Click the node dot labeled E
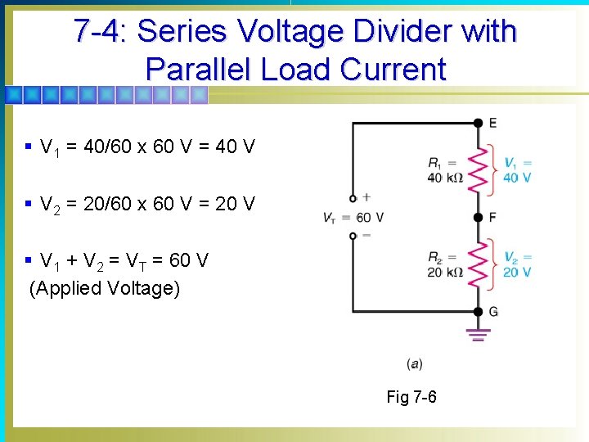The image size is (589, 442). (x=479, y=123)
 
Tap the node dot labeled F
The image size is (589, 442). (x=479, y=218)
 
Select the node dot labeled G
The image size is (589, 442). (x=479, y=311)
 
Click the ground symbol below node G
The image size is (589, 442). (x=479, y=334)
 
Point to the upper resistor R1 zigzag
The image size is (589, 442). (x=479, y=170)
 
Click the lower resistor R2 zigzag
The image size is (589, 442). (x=479, y=264)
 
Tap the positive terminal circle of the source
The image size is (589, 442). (x=353, y=198)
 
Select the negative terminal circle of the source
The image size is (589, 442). (x=353, y=236)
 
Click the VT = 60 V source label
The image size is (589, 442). (x=354, y=218)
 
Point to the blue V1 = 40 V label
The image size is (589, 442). (x=517, y=170)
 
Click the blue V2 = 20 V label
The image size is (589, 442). (x=517, y=264)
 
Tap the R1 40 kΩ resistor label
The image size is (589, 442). (x=445, y=170)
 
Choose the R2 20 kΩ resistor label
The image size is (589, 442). (x=445, y=264)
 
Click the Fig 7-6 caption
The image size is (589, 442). (x=411, y=398)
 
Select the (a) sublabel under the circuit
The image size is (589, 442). (x=414, y=363)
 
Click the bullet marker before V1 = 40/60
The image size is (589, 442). (x=29, y=147)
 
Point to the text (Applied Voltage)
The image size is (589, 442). (x=104, y=288)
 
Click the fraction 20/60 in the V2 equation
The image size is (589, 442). (x=111, y=203)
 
